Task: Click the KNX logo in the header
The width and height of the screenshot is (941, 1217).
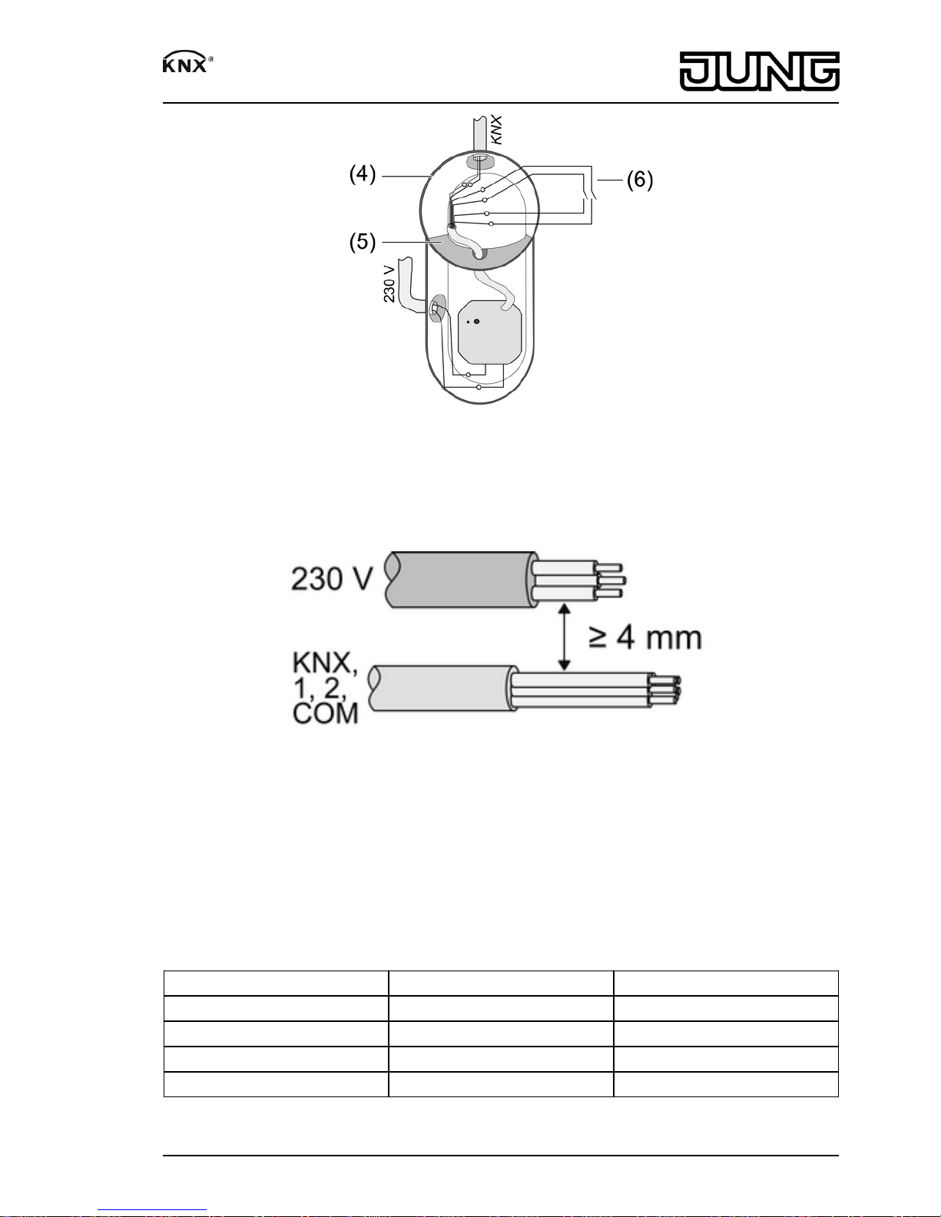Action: coord(187,63)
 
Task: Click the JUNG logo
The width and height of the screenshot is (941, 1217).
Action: coord(760,71)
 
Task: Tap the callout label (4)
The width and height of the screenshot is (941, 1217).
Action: coord(363,174)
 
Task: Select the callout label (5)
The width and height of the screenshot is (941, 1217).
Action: coord(363,242)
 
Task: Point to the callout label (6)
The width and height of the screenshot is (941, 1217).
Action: coord(640,180)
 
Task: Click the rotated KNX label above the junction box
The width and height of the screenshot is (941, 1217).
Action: coord(496,131)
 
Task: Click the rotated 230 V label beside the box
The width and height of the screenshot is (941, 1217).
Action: coord(389,284)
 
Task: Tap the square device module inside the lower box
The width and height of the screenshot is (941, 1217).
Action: coord(491,332)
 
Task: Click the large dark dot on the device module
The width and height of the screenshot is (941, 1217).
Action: coord(477,322)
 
